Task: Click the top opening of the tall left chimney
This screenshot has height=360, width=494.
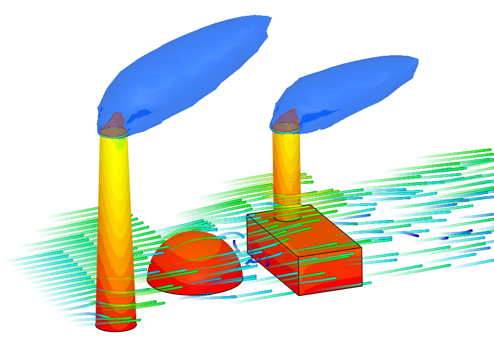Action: (114, 132)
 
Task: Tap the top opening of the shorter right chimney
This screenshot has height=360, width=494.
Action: (286, 127)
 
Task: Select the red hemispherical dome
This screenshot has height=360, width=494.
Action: (195, 261)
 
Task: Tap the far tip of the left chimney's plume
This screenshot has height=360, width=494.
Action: (269, 20)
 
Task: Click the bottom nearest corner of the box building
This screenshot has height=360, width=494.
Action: (300, 295)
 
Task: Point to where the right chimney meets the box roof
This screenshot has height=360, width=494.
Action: (288, 217)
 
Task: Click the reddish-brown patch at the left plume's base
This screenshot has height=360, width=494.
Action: (115, 120)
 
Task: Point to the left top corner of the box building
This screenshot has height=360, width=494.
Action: (247, 215)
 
